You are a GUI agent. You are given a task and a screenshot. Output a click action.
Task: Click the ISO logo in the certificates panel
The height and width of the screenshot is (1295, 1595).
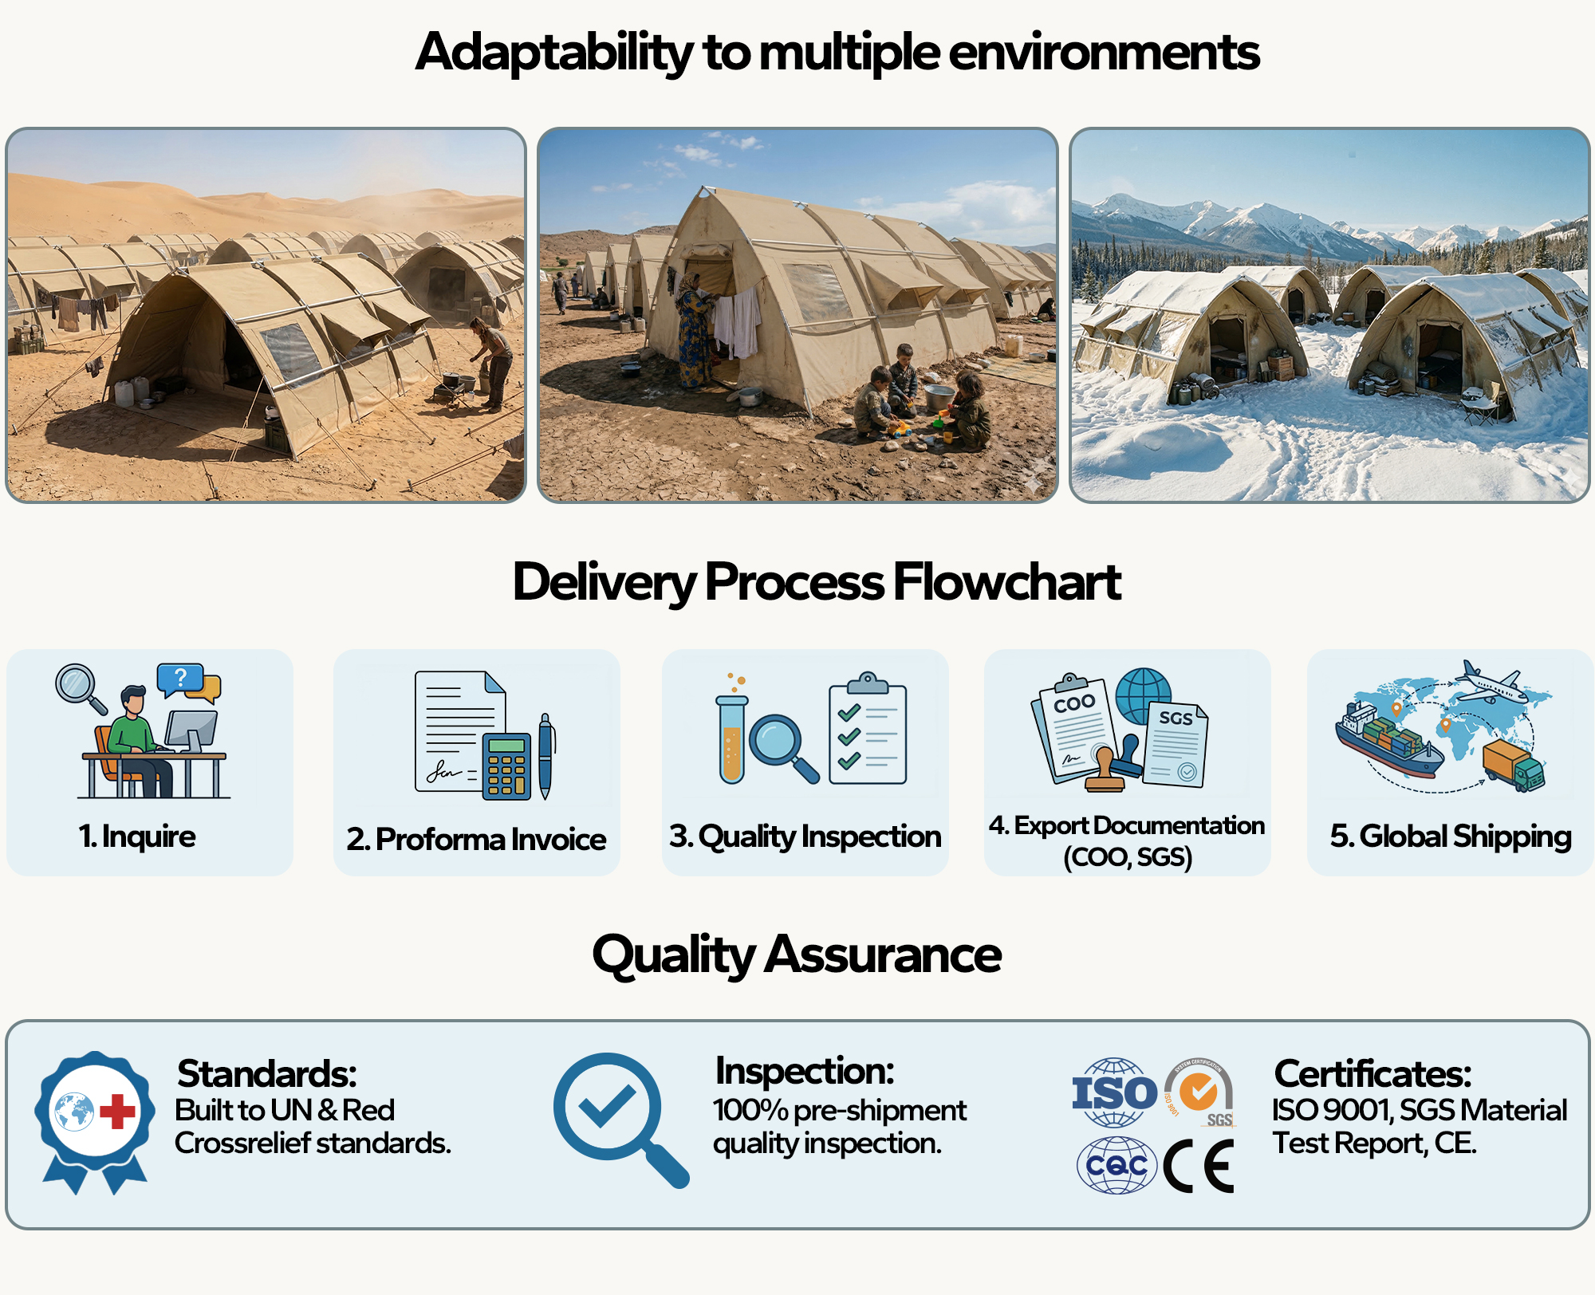[1114, 1092]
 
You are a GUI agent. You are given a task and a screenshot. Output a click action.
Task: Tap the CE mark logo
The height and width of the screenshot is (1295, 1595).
[1199, 1167]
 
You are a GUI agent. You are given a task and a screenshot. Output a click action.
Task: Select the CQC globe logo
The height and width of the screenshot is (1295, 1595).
[1116, 1166]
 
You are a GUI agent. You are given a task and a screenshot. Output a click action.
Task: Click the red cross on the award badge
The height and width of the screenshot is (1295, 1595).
[117, 1112]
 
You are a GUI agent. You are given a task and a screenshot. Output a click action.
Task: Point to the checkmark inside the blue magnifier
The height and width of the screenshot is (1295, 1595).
[607, 1104]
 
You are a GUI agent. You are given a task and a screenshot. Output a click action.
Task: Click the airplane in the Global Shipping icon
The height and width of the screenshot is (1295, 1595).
[1490, 685]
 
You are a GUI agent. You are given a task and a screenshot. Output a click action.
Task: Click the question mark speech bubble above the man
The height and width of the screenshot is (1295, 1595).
[180, 679]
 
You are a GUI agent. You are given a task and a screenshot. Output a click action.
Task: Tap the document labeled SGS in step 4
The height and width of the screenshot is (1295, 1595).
[1175, 743]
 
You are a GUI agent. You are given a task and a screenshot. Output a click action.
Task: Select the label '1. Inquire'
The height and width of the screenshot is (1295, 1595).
[137, 836]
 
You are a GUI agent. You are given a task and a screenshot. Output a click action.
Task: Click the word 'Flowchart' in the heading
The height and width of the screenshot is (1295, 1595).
[1006, 581]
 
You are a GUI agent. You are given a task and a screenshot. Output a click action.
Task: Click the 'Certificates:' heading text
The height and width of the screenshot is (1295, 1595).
[1372, 1073]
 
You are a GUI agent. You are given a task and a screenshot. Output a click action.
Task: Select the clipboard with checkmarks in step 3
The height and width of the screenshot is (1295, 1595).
[868, 731]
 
